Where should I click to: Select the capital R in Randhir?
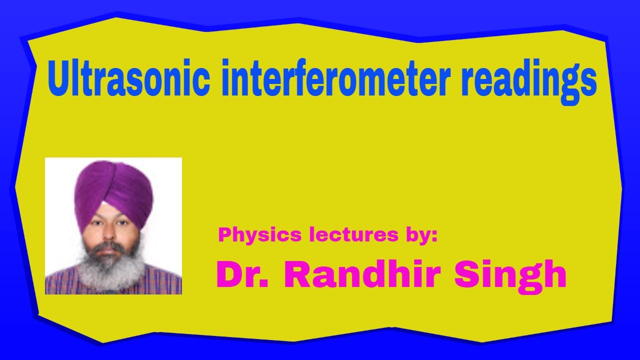tap(298, 274)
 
